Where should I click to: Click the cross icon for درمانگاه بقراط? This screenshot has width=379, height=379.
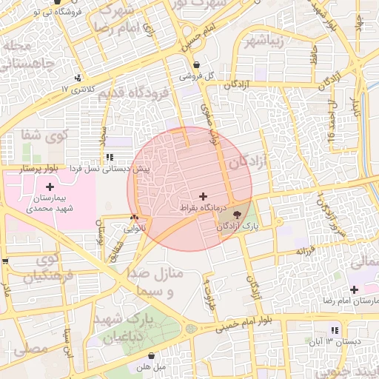[203, 196]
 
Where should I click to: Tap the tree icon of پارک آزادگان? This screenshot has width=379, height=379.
[237, 215]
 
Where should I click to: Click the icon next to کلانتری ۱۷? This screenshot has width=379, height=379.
[77, 77]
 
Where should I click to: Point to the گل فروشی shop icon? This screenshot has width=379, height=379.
[196, 64]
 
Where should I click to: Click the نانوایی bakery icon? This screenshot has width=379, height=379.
[134, 217]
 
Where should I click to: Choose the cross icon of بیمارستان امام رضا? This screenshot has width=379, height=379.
[354, 289]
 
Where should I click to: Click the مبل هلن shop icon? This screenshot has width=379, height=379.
[151, 355]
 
